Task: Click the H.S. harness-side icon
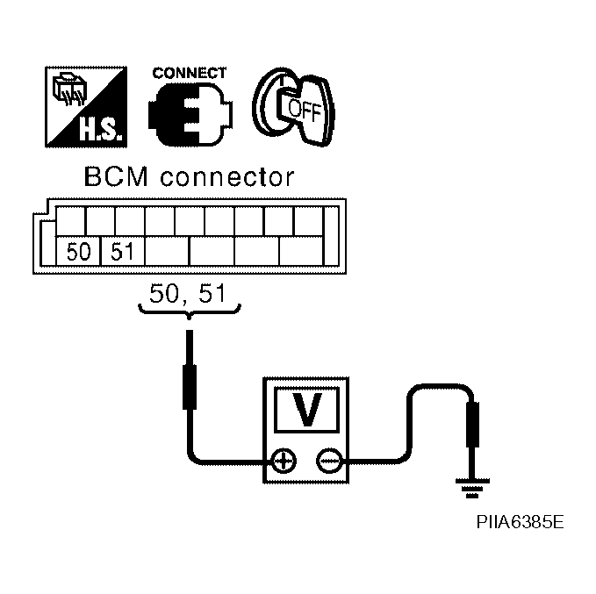click(x=86, y=107)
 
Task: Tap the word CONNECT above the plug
click(x=190, y=73)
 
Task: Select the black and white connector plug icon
click(x=190, y=114)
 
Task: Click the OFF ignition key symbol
click(x=293, y=107)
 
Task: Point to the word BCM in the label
click(x=116, y=177)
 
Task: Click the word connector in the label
click(x=227, y=178)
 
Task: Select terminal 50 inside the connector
click(x=78, y=251)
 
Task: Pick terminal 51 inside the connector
click(x=122, y=251)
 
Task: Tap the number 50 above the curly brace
click(x=164, y=293)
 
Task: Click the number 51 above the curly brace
click(x=212, y=293)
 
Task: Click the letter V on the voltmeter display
click(x=306, y=410)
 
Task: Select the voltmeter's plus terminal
click(x=284, y=462)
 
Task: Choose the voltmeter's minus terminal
click(x=329, y=462)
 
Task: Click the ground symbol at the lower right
click(x=472, y=488)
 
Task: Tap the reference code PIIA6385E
click(x=520, y=522)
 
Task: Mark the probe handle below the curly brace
click(x=190, y=387)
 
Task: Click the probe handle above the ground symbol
click(x=472, y=424)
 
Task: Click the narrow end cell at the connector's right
click(x=331, y=236)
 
